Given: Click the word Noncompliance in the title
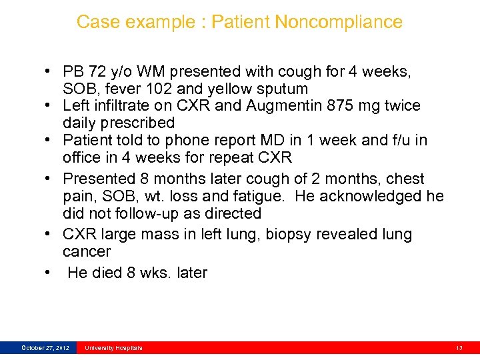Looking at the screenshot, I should pyautogui.click(x=339, y=22).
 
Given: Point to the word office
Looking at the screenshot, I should pyautogui.click(x=84, y=157).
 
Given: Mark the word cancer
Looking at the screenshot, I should pyautogui.click(x=87, y=251).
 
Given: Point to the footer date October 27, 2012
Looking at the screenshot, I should pyautogui.click(x=45, y=348).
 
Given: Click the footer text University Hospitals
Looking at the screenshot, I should pyautogui.click(x=113, y=348).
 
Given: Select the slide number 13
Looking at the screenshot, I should pyautogui.click(x=459, y=348).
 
